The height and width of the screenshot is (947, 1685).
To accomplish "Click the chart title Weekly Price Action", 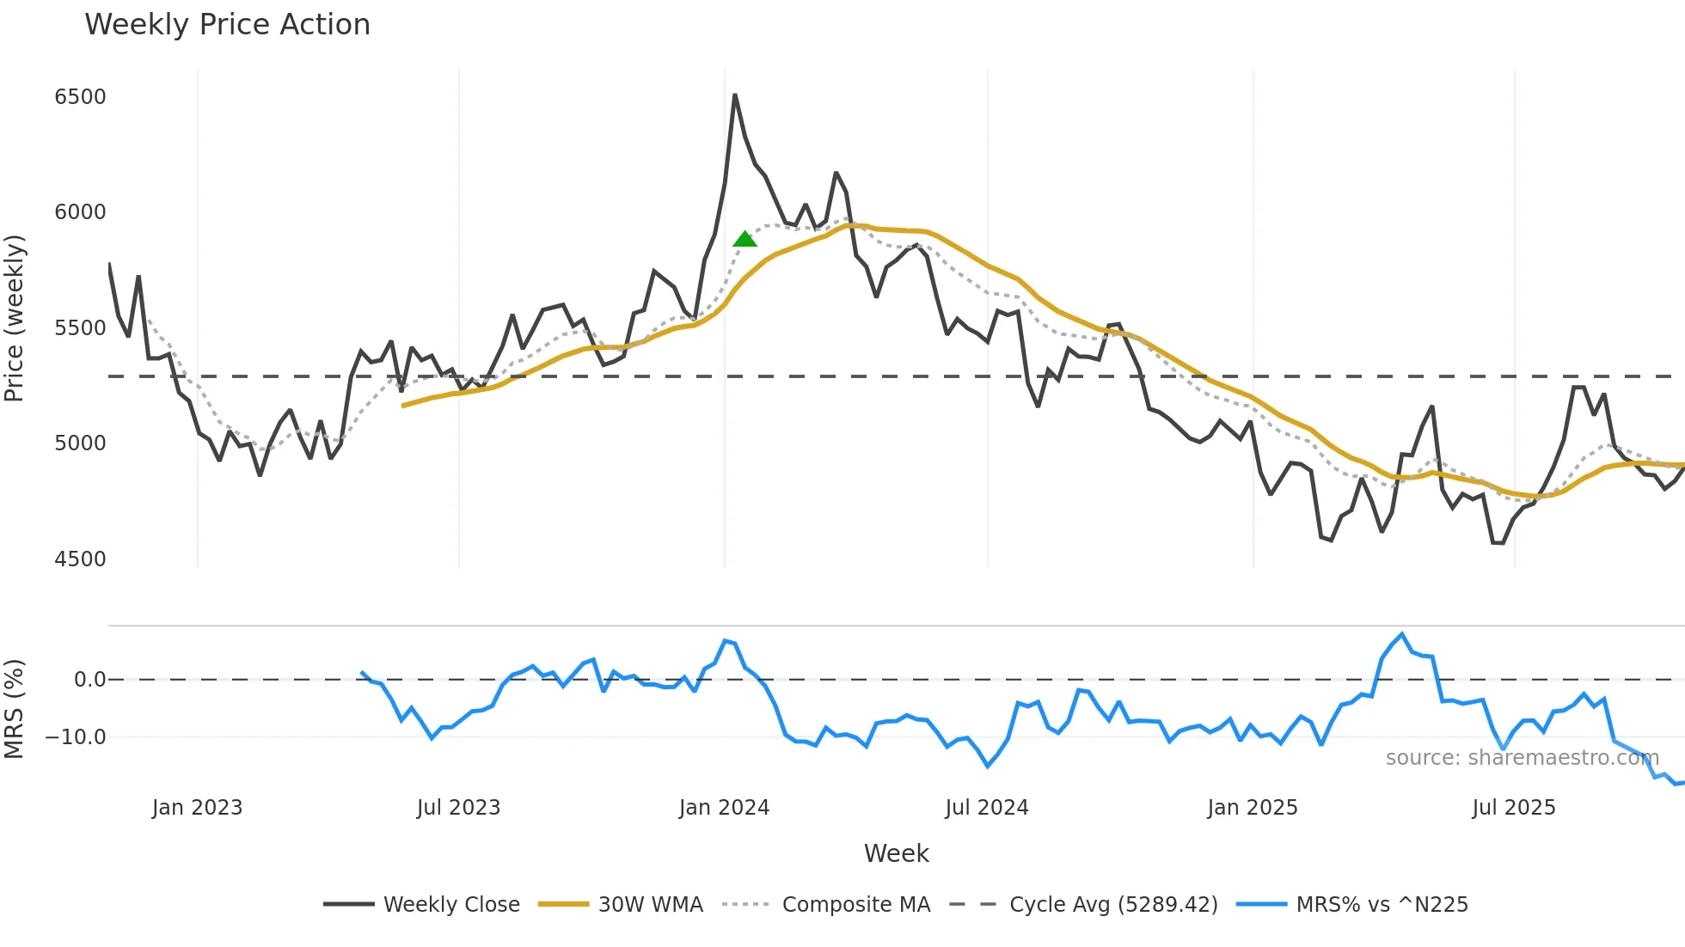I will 227,24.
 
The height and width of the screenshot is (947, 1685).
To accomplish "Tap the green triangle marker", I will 744,239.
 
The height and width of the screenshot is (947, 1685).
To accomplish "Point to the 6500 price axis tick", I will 80,96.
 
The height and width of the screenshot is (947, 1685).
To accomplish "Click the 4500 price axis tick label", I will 80,559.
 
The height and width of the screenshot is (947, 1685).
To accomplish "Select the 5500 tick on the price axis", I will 80,327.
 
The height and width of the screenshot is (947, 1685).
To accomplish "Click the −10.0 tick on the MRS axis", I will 76,736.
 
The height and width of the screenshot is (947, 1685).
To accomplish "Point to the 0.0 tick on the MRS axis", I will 89,679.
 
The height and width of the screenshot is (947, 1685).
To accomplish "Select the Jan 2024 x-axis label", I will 724,807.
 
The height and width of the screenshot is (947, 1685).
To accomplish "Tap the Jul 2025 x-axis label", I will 1513,807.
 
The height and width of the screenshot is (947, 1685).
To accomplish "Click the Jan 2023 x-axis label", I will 197,807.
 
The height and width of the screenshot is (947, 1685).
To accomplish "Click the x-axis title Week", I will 896,853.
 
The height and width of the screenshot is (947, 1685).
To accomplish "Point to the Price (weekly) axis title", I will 14,318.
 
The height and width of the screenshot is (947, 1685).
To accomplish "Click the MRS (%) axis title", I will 14,708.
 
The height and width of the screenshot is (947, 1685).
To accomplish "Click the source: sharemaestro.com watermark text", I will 1522,757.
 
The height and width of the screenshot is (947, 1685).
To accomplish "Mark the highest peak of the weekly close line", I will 735,95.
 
